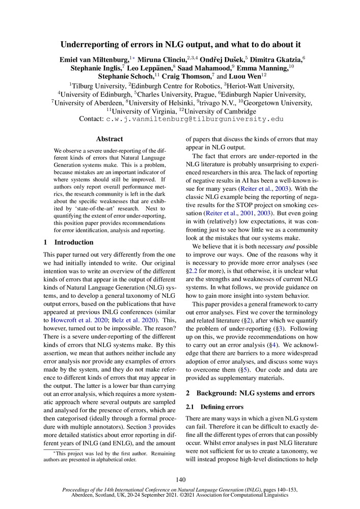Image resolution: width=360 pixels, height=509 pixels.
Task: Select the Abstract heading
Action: click(109, 138)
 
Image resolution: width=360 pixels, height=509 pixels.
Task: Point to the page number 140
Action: click(180, 480)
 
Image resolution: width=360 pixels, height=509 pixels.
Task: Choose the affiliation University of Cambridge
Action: click(220, 111)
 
